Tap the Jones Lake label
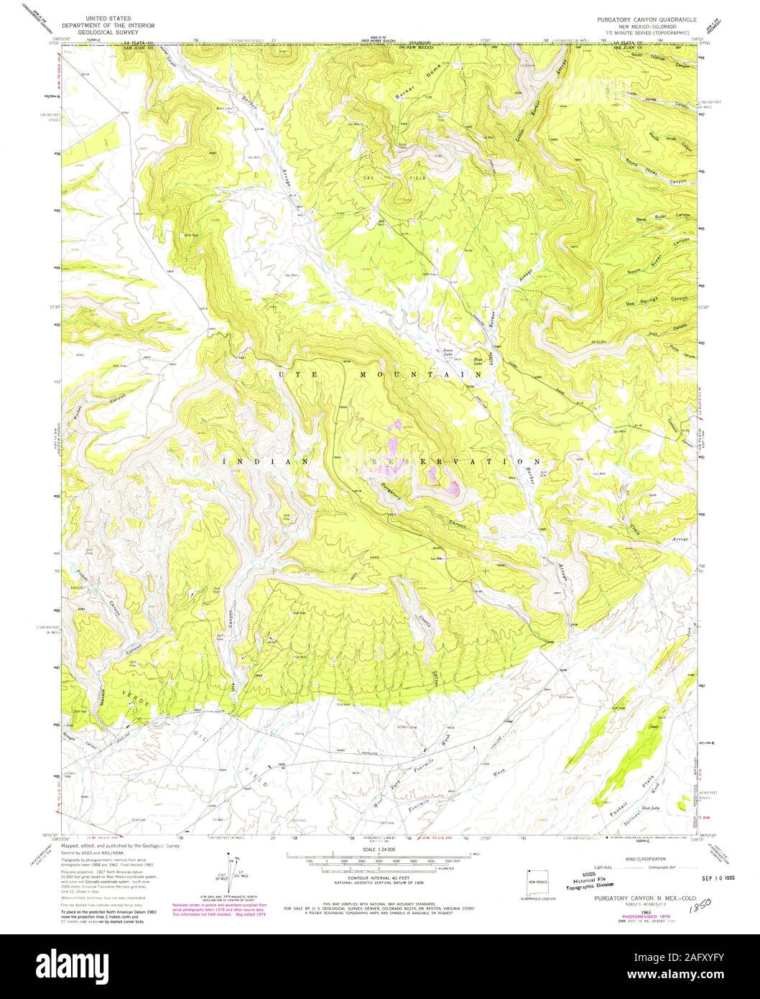tap(448, 351)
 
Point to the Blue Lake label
tap(476, 362)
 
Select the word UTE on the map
tap(285, 374)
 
